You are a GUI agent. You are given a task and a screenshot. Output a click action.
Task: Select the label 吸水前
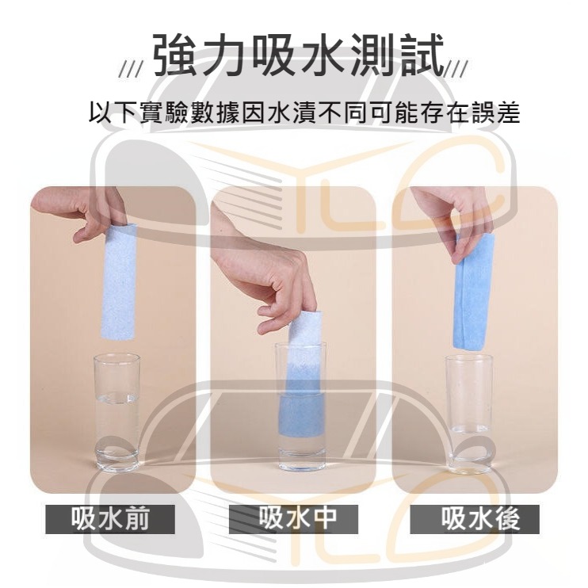110,517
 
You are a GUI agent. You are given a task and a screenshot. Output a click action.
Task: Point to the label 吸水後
477,517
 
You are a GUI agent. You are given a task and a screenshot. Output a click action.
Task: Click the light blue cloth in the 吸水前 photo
119,281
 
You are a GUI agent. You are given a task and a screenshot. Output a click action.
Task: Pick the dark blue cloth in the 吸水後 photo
474,293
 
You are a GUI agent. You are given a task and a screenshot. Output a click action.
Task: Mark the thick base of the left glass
117,458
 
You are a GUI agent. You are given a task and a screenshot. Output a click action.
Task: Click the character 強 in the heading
178,57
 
